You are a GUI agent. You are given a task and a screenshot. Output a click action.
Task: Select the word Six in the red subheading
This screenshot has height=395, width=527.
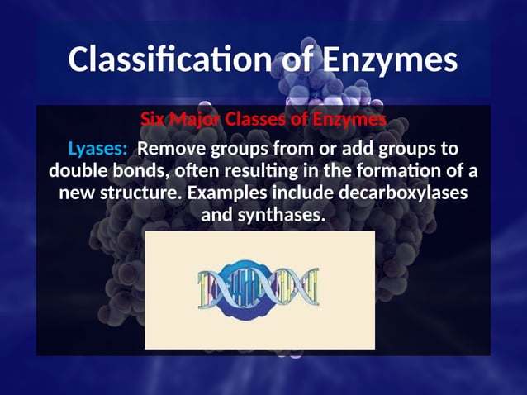pos(154,119)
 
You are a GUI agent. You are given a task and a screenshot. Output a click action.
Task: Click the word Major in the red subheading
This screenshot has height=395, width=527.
pos(197,119)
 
